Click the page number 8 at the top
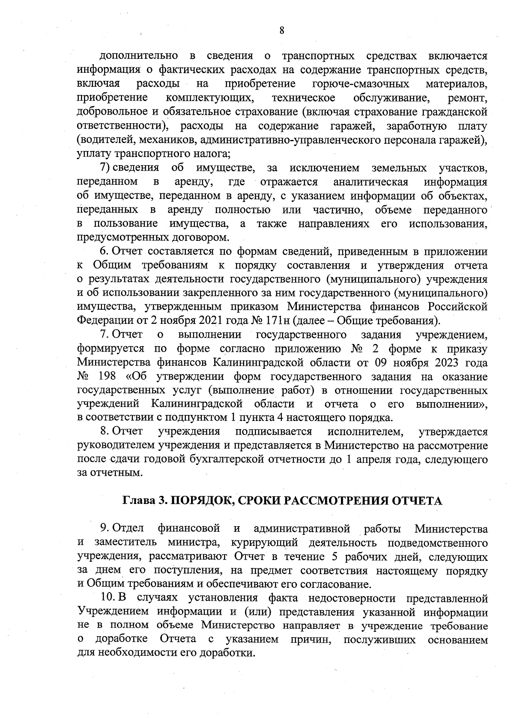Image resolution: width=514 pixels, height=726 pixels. (281, 30)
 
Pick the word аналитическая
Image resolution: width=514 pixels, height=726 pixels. (371, 182)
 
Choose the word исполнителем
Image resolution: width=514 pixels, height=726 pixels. (365, 431)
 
